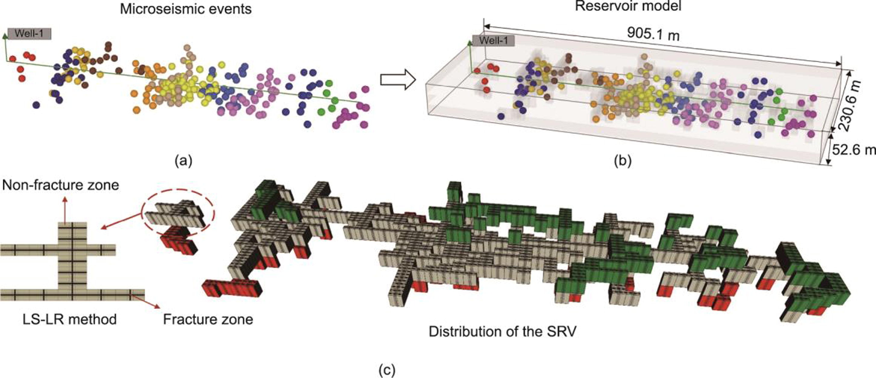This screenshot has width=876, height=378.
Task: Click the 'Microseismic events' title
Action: [186, 9]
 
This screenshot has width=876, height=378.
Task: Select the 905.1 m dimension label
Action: [653, 34]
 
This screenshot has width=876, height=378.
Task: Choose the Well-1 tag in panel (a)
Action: [30, 34]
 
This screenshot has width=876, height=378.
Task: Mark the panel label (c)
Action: [387, 370]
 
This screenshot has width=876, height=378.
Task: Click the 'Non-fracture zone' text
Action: [61, 186]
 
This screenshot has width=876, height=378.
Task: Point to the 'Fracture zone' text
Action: [208, 320]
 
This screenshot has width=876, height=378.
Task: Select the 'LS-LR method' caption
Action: [70, 320]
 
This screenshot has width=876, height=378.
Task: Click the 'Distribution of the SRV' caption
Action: [503, 331]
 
